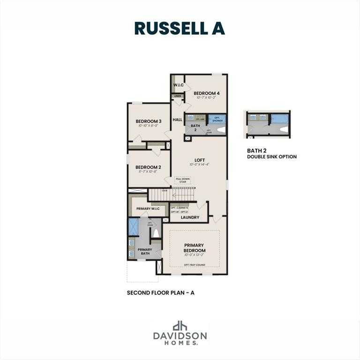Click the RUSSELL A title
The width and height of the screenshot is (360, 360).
point(180,28)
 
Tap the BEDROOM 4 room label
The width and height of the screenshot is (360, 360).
point(206,93)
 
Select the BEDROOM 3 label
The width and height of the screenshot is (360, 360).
point(149,121)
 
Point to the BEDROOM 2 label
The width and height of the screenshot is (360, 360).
point(148,167)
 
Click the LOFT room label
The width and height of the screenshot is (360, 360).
point(200,160)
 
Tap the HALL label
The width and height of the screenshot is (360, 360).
point(177,120)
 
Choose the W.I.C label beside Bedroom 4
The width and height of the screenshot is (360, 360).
point(178,85)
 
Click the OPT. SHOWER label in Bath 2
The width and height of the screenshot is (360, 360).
point(217,119)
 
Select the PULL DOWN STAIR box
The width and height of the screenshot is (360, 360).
point(183,180)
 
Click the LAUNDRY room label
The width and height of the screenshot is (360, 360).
point(190,217)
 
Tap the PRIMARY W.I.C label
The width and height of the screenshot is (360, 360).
point(148,208)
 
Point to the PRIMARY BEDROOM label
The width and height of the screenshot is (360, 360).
point(194,248)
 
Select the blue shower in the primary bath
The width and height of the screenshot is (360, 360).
point(134,227)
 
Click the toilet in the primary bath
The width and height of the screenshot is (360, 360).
point(156,233)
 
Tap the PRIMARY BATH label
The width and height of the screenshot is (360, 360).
point(144,251)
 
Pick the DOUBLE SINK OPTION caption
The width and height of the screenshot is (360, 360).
point(272,157)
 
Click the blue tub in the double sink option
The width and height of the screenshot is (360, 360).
point(280,118)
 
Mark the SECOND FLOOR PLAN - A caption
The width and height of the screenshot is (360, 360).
point(160,292)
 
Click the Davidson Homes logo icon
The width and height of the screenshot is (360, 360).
point(180,326)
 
